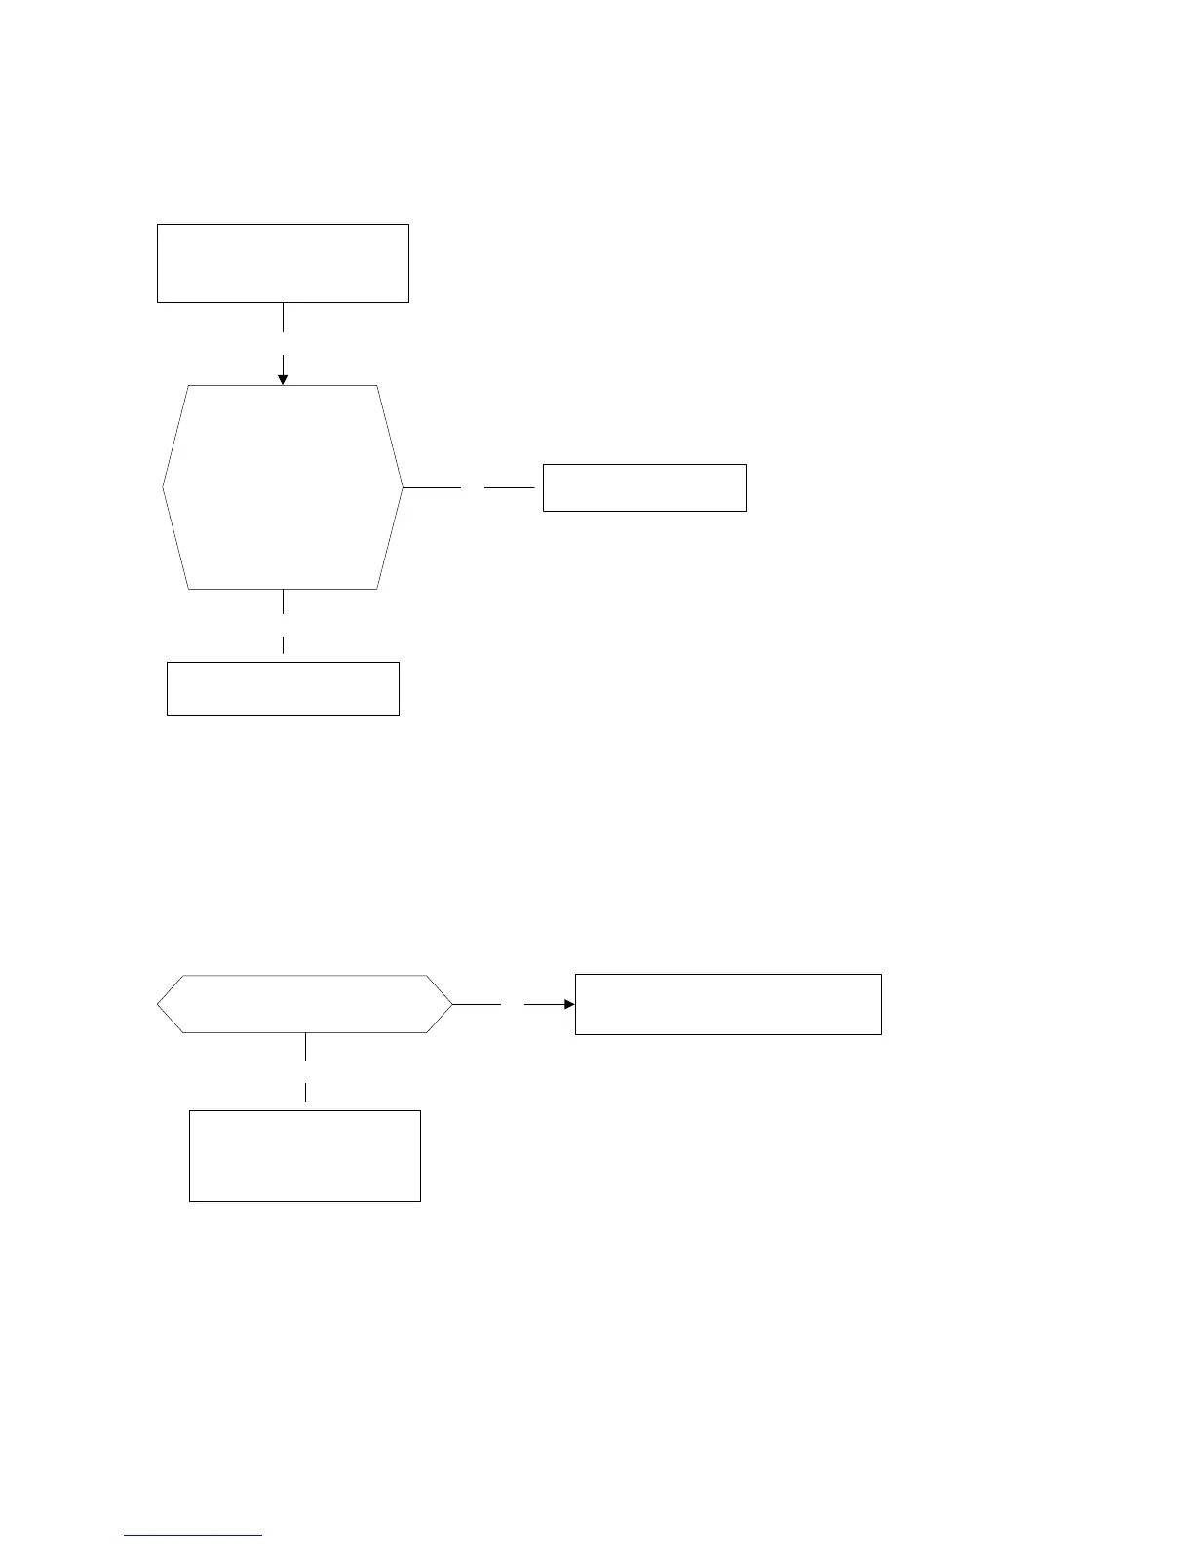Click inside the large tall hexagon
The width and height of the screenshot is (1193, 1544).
coord(283,487)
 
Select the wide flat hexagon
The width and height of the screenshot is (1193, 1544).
coord(305,1003)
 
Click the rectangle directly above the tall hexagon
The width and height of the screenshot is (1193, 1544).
coord(283,263)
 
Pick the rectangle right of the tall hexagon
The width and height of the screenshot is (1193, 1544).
coord(644,487)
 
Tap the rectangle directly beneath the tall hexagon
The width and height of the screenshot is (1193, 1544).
coord(283,689)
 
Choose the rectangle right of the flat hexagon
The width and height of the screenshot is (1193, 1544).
coord(728,1003)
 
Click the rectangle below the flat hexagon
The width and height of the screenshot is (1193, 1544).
coord(304,1155)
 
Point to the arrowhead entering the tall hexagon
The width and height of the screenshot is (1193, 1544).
coord(283,378)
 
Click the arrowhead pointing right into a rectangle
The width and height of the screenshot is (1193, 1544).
coord(569,1003)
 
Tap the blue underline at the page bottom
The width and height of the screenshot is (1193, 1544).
coord(193,1535)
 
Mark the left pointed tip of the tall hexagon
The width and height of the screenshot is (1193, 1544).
coord(164,487)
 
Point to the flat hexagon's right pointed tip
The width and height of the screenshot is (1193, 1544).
coord(451,1003)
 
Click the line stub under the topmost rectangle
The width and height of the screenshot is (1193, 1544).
coord(283,317)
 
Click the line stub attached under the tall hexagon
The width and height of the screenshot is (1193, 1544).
coord(283,601)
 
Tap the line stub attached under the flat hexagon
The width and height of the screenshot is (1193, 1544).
coord(306,1046)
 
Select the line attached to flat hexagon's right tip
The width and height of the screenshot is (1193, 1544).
coord(477,1003)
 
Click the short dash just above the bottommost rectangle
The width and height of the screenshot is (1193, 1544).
coord(306,1092)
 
